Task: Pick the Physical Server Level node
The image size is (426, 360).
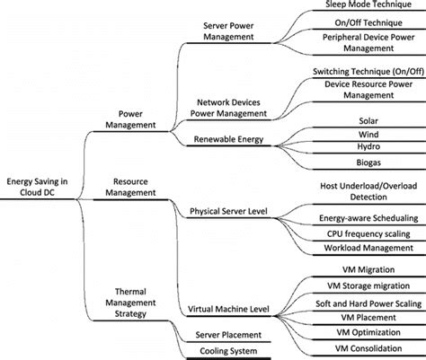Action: (x=232, y=212)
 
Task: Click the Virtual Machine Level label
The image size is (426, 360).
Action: (x=232, y=310)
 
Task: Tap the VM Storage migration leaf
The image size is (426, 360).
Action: (x=365, y=285)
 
